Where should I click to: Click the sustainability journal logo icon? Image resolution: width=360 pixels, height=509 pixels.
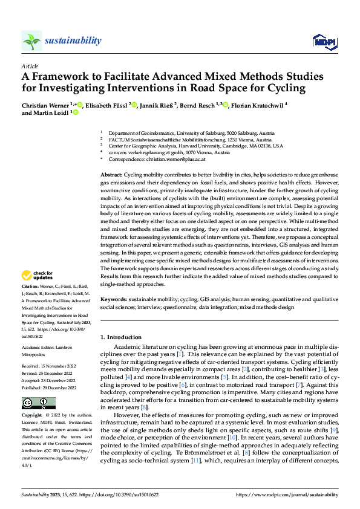pyautogui.click(x=31, y=41)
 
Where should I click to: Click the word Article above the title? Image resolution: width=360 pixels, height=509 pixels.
pyautogui.click(x=29, y=65)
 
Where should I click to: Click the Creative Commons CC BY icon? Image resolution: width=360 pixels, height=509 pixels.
pyautogui.click(x=38, y=386)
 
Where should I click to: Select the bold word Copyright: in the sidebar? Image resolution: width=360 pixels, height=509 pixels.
pyautogui.click(x=32, y=400)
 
